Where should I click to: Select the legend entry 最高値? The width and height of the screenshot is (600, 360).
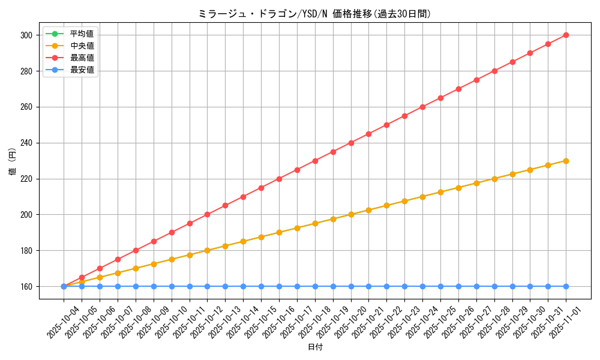[82, 58]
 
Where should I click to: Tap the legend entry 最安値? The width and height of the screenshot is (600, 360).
[82, 70]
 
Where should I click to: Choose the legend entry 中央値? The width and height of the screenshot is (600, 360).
[82, 46]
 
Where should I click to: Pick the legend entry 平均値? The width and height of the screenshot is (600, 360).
[82, 33]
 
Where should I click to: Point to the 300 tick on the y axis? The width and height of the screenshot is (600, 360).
[26, 35]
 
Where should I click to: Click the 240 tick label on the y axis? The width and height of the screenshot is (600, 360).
[26, 143]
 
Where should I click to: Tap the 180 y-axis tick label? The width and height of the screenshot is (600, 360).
[26, 251]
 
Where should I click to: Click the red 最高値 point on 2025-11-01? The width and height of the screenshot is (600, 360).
[566, 35]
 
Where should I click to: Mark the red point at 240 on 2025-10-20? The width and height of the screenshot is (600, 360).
[351, 143]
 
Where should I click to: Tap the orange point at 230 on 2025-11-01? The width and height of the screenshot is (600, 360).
[566, 161]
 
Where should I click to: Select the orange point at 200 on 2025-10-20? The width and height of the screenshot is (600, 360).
[351, 214]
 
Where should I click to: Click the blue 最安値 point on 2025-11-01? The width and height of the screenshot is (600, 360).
[566, 286]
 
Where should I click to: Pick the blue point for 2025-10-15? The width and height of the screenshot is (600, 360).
[261, 286]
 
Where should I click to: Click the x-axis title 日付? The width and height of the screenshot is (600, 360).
[315, 347]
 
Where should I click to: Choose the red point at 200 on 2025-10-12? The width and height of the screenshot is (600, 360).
[207, 214]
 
